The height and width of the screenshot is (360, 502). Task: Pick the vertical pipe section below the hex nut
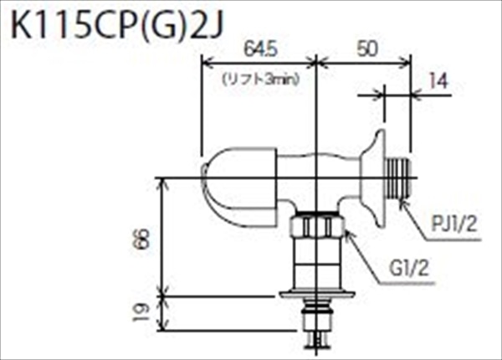tap(317, 265)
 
